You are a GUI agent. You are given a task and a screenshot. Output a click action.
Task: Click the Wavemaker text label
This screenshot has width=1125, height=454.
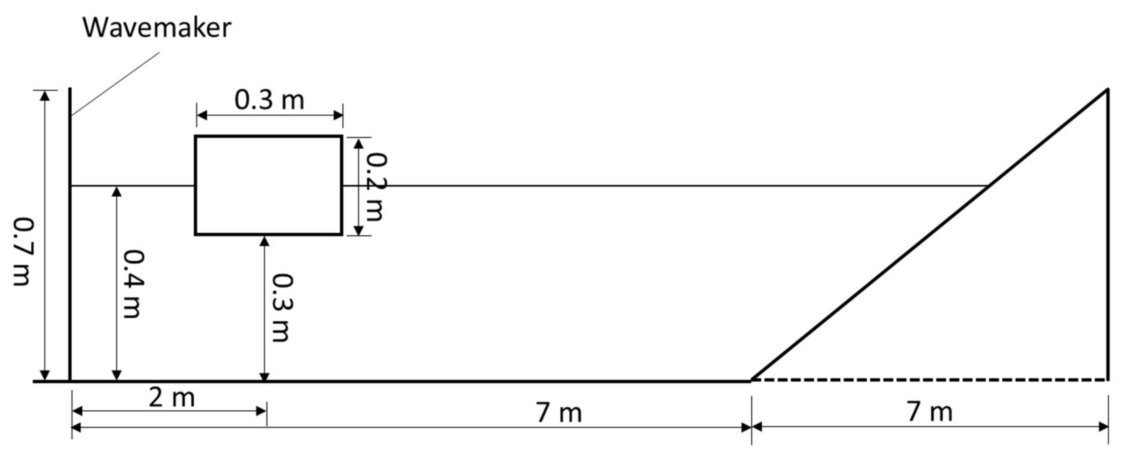157,28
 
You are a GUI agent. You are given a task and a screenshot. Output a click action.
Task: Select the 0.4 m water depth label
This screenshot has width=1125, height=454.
132,284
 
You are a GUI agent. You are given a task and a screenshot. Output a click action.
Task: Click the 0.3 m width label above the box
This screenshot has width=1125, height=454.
269,100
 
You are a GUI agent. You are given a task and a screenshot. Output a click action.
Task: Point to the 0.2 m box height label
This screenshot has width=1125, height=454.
375,187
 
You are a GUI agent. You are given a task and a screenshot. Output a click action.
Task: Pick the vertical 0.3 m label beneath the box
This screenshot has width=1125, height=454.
282,308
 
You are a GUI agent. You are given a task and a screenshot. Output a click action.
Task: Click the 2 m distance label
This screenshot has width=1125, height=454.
171,398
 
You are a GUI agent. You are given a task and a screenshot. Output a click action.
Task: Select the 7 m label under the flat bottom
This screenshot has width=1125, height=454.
559,413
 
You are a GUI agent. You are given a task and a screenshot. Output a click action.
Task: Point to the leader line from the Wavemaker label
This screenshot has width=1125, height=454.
116,84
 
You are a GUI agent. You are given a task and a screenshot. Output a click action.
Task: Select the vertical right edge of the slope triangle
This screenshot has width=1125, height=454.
1108,236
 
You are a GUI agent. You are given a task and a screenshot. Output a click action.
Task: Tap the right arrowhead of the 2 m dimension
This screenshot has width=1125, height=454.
262,411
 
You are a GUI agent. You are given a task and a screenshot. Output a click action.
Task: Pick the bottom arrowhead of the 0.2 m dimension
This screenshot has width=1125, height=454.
358,231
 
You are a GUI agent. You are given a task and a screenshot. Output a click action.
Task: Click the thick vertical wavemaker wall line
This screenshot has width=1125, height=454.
70,236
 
